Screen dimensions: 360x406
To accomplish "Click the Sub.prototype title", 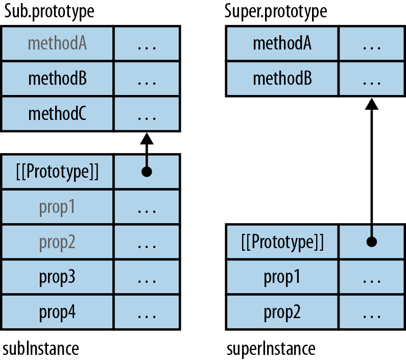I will point(50,11).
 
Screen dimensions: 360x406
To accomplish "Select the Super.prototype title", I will point(276,11).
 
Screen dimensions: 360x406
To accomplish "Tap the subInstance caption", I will point(41,349).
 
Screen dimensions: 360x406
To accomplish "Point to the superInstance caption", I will point(271,349).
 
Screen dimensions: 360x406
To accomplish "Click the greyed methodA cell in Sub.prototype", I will point(57,44).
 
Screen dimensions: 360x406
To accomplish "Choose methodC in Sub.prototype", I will point(57,114).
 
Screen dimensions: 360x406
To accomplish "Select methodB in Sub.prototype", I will point(57,79).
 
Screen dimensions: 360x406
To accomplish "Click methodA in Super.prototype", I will point(282,44).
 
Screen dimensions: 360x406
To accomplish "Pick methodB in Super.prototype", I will point(282,79).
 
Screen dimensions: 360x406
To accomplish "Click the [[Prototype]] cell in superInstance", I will point(282,242).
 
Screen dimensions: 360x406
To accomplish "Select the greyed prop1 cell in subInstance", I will point(57,207).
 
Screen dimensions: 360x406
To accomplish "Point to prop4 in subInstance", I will point(57,311).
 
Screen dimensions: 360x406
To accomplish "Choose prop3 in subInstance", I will point(57,277).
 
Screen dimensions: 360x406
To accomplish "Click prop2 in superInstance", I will point(282,311).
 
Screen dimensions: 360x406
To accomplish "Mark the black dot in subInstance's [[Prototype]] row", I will point(147,172).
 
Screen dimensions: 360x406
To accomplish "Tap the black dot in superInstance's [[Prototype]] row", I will point(372,242).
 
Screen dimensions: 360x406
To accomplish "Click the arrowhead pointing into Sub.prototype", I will point(147,138).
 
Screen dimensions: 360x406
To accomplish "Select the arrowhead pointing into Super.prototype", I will point(372,103).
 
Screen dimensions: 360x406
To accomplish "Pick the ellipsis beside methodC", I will point(147,115).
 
